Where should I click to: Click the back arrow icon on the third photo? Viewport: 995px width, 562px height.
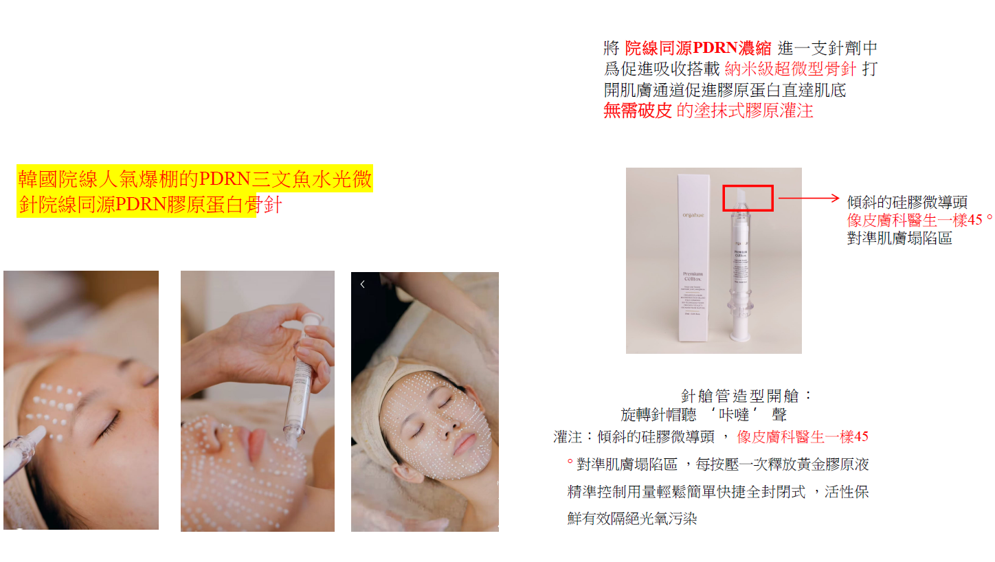point(362,284)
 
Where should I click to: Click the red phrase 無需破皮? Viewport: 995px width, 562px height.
point(637,111)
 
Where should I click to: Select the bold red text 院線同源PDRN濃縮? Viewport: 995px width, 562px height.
point(698,49)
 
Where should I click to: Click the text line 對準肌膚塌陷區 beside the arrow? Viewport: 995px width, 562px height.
point(899,239)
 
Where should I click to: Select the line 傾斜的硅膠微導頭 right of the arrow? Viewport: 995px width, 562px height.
point(907,202)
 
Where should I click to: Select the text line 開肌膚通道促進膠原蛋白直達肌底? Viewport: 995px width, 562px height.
point(725,90)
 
